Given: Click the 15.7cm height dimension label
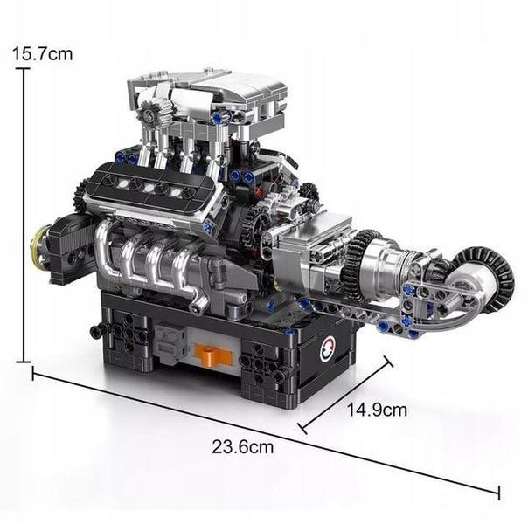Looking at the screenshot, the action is [x=43, y=54].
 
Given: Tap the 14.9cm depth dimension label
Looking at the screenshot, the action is [x=377, y=410].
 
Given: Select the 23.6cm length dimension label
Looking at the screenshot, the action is [x=243, y=447].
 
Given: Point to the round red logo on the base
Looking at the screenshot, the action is [x=326, y=349].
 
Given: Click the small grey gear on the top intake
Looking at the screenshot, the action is [x=148, y=114].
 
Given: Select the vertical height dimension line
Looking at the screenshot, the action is [x=24, y=215].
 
